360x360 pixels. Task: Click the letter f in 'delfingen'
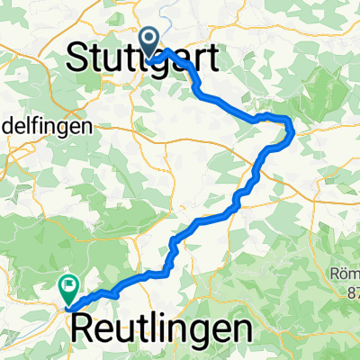pyautogui.click(x=32, y=128)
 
